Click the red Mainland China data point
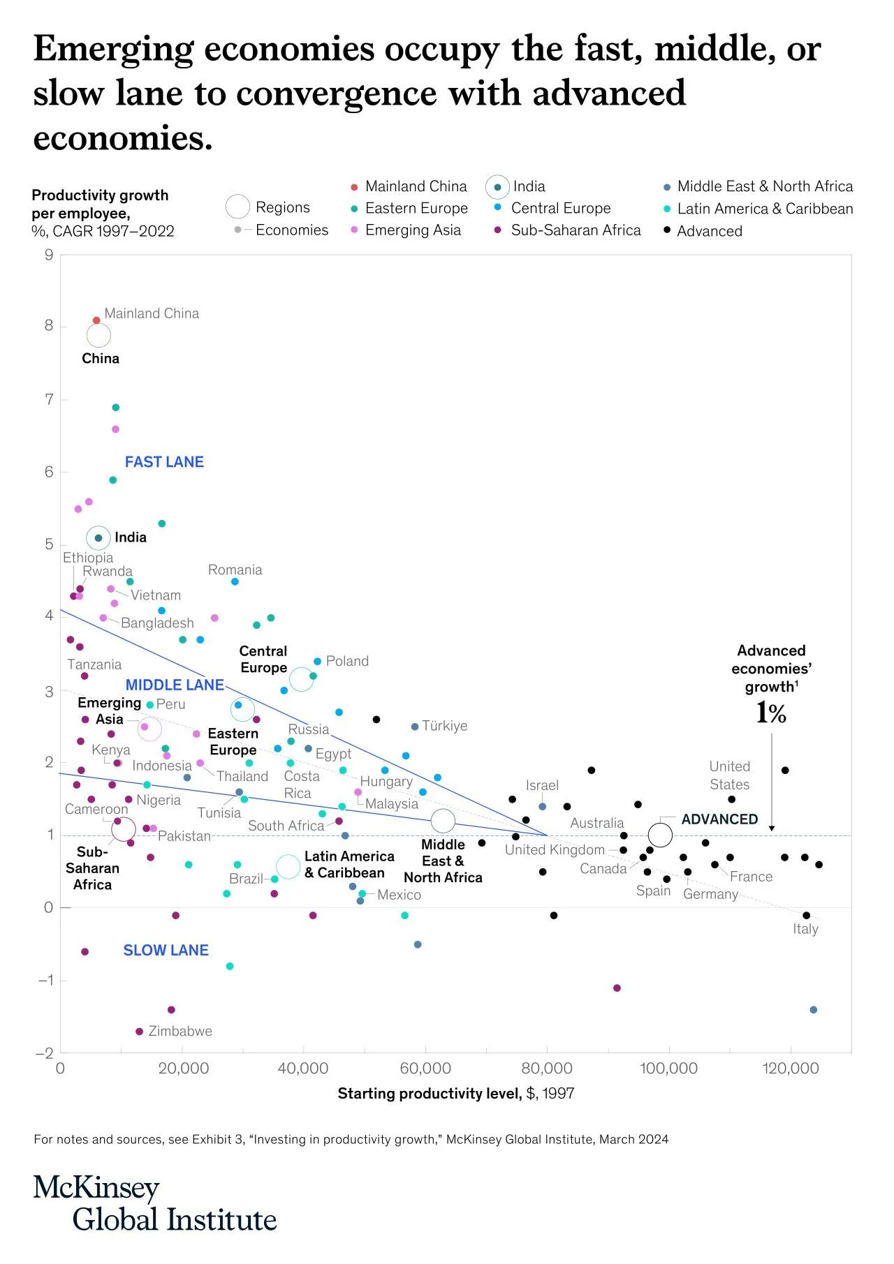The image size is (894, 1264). click(x=96, y=320)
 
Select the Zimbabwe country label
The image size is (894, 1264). click(x=180, y=1031)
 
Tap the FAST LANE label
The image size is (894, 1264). click(x=164, y=462)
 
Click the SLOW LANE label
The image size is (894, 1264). click(x=166, y=950)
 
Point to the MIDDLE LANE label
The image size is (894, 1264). click(x=175, y=685)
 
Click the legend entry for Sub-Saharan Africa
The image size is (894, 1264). click(x=576, y=230)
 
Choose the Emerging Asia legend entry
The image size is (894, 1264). click(x=413, y=230)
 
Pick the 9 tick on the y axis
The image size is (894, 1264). click(x=49, y=255)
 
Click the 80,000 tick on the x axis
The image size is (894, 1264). click(x=546, y=1069)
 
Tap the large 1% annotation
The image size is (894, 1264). click(x=771, y=713)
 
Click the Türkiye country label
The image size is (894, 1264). click(x=445, y=726)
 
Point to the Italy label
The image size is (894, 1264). click(x=805, y=929)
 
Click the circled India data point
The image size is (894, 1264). click(x=98, y=537)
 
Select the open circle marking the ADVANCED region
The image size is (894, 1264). click(x=660, y=834)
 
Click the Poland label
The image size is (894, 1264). click(x=347, y=661)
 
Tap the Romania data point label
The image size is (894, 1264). click(x=235, y=570)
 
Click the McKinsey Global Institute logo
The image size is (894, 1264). click(x=155, y=1204)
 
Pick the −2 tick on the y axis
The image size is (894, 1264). click(x=45, y=1053)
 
